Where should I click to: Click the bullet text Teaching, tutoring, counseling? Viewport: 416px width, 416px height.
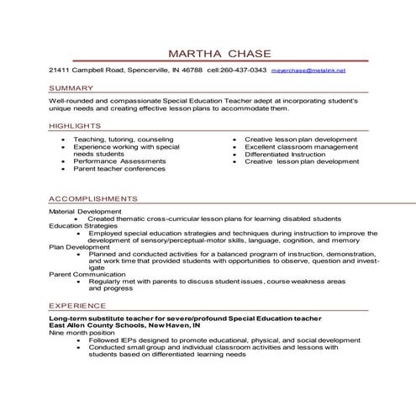[123, 140]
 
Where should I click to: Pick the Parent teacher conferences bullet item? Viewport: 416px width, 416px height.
[118, 168]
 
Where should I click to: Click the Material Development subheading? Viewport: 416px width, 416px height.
[85, 211]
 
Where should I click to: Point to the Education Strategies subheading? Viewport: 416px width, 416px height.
[82, 225]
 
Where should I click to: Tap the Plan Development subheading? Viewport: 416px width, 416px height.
[79, 247]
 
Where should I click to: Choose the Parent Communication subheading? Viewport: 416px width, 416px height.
[85, 275]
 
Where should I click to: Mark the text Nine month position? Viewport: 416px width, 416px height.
[81, 334]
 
